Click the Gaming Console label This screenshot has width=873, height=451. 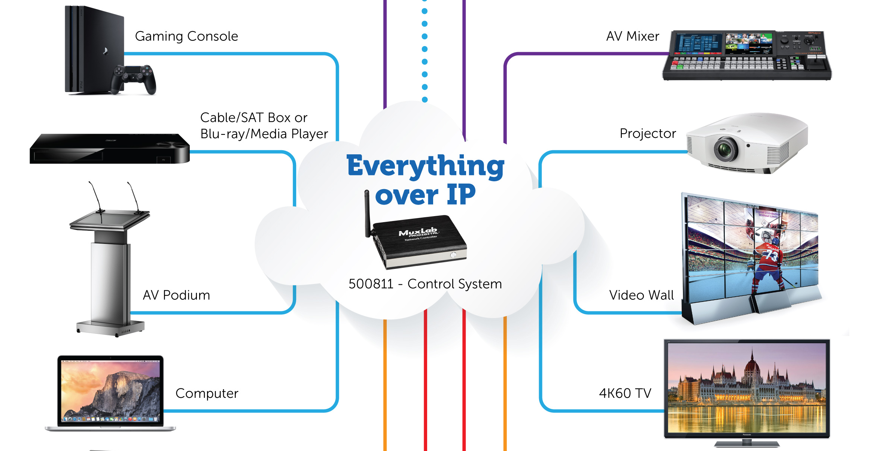[186, 36]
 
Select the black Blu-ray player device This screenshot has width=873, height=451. [109, 149]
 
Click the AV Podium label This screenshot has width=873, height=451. [176, 295]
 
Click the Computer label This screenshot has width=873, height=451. [207, 393]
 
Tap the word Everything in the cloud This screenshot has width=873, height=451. [425, 166]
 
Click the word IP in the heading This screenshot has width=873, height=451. [461, 195]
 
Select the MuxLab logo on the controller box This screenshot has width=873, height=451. [418, 232]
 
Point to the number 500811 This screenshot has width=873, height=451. [371, 284]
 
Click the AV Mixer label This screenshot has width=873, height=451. [632, 36]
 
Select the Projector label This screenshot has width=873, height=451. [648, 133]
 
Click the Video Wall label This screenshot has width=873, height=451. [641, 295]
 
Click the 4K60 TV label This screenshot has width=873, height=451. [625, 393]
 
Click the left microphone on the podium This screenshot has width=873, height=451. [95, 197]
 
